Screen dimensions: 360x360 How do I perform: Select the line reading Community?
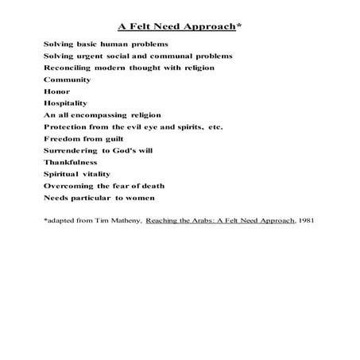[68, 79]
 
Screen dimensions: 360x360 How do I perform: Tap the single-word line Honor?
[57, 91]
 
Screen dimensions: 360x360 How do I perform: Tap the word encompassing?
[107, 115]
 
